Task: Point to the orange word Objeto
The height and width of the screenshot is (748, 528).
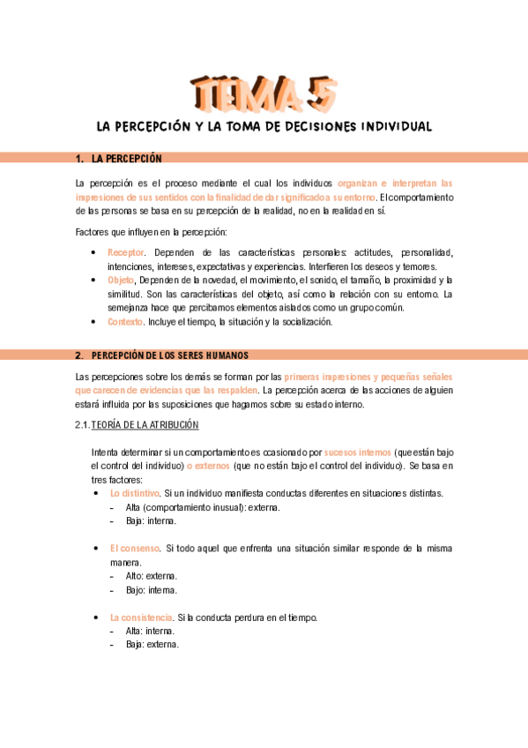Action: pos(123,280)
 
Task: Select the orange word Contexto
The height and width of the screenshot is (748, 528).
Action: pos(125,322)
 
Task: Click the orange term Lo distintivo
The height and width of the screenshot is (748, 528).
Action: pos(134,493)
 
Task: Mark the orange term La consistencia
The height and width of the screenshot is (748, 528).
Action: pos(140,617)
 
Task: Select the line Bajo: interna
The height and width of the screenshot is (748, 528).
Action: pos(152,589)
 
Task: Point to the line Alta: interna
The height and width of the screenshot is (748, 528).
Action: pos(150,631)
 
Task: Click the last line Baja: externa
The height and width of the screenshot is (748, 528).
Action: pos(152,644)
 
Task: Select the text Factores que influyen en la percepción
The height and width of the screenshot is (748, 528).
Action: pos(152,232)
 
